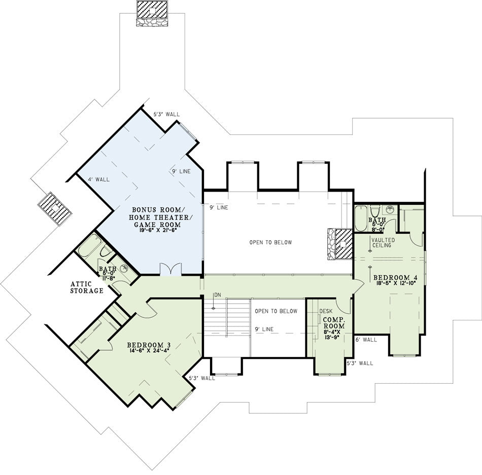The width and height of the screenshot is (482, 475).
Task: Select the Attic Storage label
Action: tap(87, 287)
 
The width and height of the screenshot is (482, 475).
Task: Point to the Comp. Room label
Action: tap(334, 323)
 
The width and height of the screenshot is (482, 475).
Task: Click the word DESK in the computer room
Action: tap(326, 311)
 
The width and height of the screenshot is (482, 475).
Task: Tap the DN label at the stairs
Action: tap(218, 295)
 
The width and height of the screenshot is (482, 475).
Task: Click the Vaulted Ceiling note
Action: tap(383, 242)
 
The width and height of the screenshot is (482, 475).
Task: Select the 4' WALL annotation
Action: tap(98, 179)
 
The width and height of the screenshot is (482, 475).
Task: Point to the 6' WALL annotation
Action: tap(366, 340)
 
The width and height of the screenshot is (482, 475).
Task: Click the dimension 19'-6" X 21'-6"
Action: tap(157, 230)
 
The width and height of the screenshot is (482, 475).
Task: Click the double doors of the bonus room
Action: tap(170, 269)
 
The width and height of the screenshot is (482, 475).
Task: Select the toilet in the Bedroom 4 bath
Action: tap(375, 211)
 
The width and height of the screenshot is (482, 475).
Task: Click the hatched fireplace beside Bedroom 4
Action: tap(340, 244)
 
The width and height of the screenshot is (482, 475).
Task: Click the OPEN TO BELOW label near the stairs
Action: tap(276, 311)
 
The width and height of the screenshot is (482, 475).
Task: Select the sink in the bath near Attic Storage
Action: tap(125, 268)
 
